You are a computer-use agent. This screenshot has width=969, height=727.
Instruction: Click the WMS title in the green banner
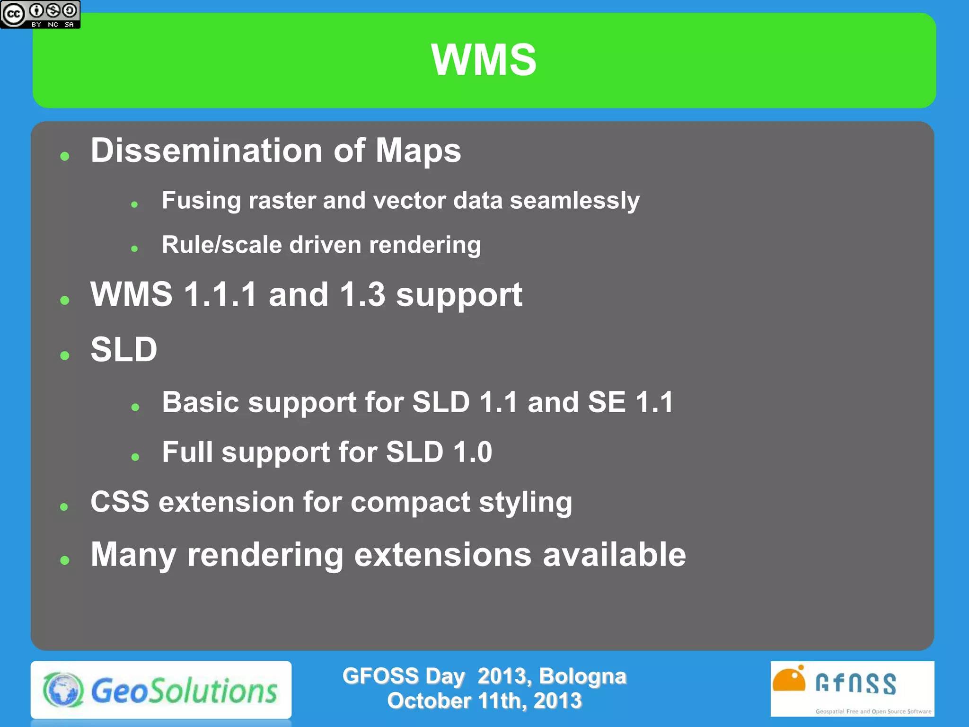[x=484, y=60]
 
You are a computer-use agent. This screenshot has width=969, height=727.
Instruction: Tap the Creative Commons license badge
[x=40, y=15]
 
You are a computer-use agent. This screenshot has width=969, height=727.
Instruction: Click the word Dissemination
[x=206, y=151]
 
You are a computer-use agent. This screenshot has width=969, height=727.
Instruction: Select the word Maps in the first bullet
[x=418, y=151]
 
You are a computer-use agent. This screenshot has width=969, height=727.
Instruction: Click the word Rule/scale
[x=221, y=245]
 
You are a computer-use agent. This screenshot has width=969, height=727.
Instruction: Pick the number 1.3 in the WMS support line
[x=362, y=294]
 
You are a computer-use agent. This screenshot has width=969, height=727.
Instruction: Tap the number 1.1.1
[x=220, y=294]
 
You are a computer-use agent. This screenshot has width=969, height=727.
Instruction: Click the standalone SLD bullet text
[x=124, y=350]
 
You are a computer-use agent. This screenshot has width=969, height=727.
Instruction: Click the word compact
[x=410, y=503]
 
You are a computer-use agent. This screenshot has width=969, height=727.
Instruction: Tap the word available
[x=614, y=555]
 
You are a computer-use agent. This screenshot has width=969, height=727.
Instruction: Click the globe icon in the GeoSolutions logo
[x=63, y=690]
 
